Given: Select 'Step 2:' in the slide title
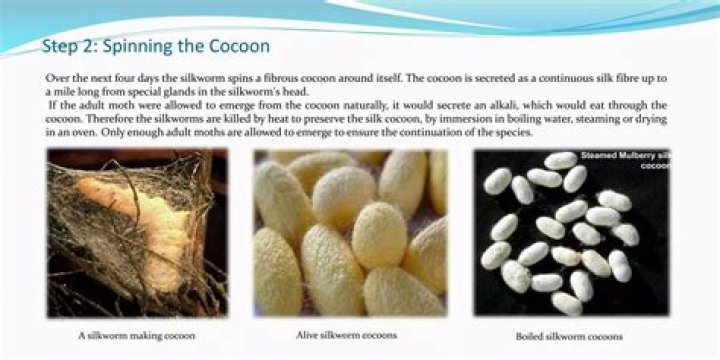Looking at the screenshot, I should (x=68, y=47).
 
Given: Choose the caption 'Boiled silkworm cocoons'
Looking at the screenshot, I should (x=569, y=336).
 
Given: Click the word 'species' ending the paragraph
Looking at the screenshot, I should (x=514, y=133).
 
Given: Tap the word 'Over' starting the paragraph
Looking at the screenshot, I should (x=57, y=76).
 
